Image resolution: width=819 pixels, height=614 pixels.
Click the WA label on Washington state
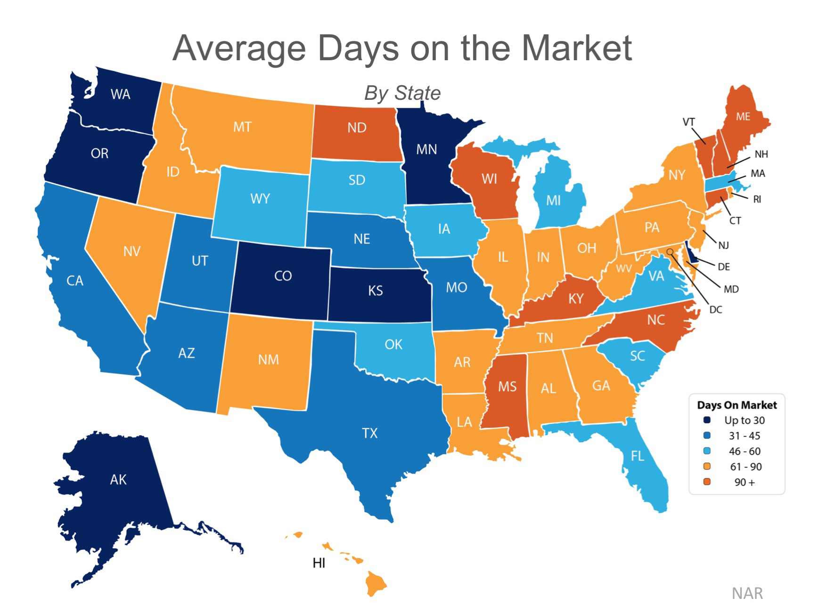click(121, 95)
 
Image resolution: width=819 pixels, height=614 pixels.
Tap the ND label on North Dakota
click(357, 128)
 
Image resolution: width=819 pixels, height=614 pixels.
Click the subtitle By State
click(402, 93)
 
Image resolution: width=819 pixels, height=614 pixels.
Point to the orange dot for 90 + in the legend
click(706, 482)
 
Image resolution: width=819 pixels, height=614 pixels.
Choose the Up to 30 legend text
click(744, 420)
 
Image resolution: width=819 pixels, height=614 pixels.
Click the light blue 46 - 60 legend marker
click(706, 451)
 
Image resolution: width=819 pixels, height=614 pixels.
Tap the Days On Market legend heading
click(737, 405)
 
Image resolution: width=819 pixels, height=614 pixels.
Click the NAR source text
click(747, 593)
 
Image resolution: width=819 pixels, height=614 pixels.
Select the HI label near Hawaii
click(319, 563)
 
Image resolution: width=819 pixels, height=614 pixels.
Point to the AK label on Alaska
click(118, 480)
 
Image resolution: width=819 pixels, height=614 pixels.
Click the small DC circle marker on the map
click(670, 252)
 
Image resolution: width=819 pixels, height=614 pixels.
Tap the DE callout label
click(724, 267)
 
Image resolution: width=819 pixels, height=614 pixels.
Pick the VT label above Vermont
click(688, 122)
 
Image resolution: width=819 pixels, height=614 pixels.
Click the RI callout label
click(757, 199)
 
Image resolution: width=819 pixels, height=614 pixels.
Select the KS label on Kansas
click(376, 291)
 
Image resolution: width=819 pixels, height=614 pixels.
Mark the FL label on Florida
click(637, 456)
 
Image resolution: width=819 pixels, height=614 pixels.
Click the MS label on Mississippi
click(508, 387)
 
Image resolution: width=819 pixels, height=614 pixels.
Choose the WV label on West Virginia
click(624, 269)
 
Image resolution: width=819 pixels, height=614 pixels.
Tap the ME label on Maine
click(743, 116)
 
